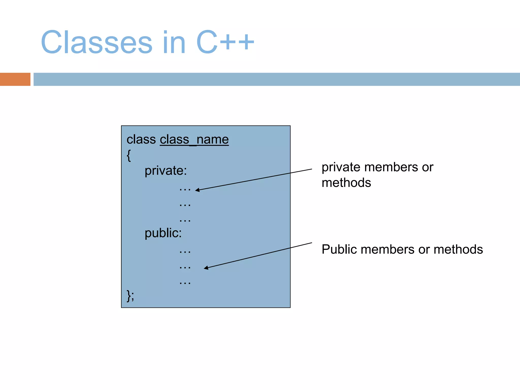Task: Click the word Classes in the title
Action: (x=96, y=42)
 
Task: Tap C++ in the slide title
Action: (x=225, y=42)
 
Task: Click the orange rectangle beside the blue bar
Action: (x=15, y=79)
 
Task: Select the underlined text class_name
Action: (x=194, y=140)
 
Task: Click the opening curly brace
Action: (x=129, y=155)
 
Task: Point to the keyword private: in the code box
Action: (x=166, y=171)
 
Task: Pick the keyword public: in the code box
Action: (x=163, y=233)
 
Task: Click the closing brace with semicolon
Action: (x=130, y=296)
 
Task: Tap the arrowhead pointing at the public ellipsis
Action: (x=206, y=268)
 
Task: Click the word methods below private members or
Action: (x=346, y=183)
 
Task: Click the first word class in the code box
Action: (x=141, y=140)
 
